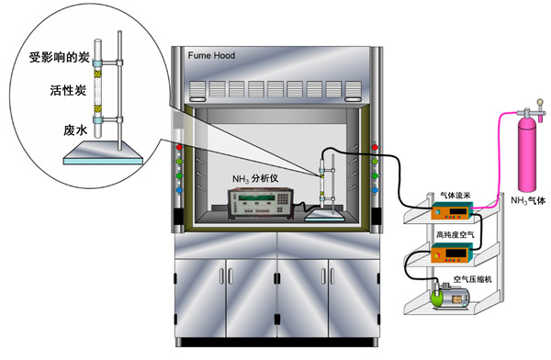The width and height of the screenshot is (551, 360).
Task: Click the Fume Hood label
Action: click(211, 55)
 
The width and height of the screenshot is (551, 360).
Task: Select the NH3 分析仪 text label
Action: click(255, 178)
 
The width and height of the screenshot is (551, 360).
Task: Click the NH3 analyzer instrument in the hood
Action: click(261, 204)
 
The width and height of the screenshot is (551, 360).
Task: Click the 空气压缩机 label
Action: click(472, 279)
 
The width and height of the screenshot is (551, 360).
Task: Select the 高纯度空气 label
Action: click(455, 234)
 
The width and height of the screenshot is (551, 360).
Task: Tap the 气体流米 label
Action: click(455, 196)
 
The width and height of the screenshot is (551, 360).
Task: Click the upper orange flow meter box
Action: click(452, 211)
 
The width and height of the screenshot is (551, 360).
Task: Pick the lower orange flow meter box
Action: click(451, 253)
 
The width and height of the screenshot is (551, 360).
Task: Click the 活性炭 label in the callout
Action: click(68, 90)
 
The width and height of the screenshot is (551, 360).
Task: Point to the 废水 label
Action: click(75, 130)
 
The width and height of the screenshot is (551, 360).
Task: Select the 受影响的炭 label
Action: click(59, 57)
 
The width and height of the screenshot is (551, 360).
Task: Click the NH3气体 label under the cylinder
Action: click(528, 201)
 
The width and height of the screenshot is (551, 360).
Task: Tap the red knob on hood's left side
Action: click(179, 147)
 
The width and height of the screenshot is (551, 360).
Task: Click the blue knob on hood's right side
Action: click(375, 190)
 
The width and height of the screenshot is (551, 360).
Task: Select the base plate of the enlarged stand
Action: click(103, 153)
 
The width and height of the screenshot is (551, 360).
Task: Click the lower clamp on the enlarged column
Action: click(107, 120)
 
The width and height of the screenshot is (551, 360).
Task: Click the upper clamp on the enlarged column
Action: click(107, 63)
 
